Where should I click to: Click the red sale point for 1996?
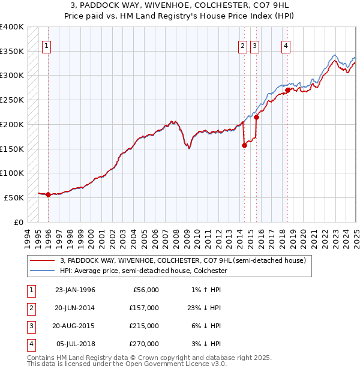point(48,194)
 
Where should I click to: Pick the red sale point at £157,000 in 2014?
point(245,145)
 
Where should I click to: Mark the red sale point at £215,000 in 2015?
point(257,117)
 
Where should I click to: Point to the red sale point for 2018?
point(288,90)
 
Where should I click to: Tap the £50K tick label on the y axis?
point(14,197)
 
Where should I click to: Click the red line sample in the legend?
point(42,260)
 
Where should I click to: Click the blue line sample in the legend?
point(42,271)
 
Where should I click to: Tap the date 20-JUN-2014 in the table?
point(75,308)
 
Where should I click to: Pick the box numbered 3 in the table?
point(30,326)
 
